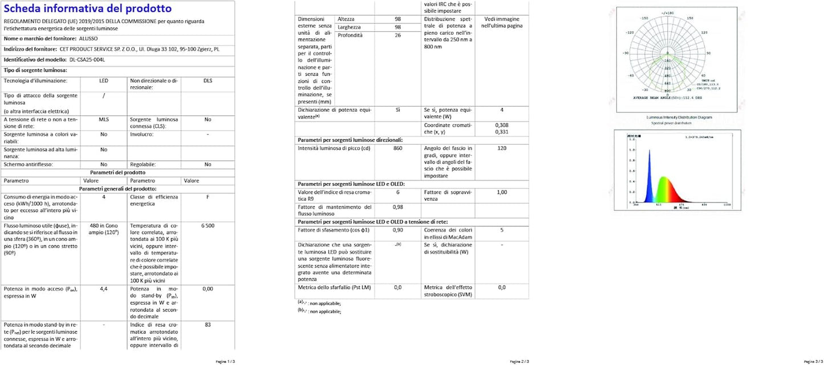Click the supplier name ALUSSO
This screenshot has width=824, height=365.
tap(88, 38)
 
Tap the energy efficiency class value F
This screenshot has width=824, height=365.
tap(208, 197)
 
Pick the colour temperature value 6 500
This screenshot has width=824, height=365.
tap(208, 226)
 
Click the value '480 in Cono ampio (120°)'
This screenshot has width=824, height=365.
tap(104, 229)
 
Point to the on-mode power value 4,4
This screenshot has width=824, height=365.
tap(104, 289)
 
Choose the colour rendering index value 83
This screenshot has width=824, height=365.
tap(208, 325)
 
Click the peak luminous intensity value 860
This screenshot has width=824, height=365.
tap(397, 148)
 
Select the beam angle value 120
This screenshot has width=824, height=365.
tap(501, 148)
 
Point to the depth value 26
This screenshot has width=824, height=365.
tap(397, 35)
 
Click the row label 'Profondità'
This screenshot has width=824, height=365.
tap(350, 35)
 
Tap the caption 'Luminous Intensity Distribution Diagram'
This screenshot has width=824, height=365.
tap(679, 117)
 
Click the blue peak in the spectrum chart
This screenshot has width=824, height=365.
tap(649, 171)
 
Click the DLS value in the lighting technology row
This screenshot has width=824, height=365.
tap(208, 81)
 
